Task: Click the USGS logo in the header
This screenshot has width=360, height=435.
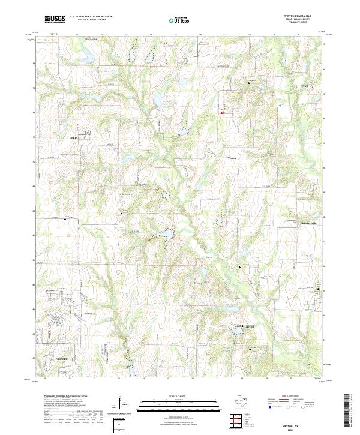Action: point(55,19)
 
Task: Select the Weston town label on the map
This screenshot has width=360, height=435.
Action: point(233,158)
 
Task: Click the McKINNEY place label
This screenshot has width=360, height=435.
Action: point(246,326)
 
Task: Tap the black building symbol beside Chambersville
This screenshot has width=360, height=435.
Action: point(299,223)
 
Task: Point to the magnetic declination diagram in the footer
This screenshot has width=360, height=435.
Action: point(121,404)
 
